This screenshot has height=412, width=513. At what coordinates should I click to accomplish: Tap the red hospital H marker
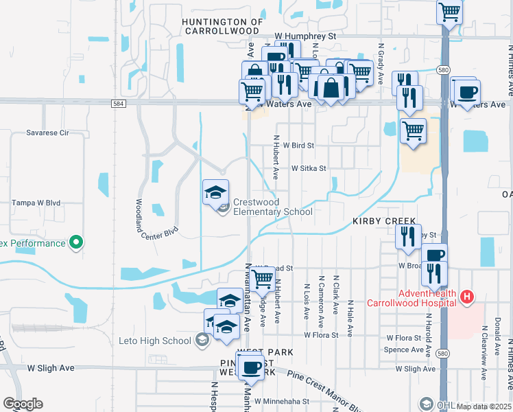click(467, 297)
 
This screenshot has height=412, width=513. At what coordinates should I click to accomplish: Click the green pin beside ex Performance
click(77, 243)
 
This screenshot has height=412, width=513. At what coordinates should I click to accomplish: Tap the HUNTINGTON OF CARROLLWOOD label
click(222, 26)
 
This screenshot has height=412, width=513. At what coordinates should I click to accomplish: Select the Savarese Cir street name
click(48, 133)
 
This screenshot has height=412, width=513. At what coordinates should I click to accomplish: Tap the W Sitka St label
click(308, 168)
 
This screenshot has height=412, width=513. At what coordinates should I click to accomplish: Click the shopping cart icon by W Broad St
click(263, 278)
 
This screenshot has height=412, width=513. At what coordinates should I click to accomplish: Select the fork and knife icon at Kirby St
click(408, 236)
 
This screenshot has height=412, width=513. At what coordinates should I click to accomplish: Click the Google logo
click(23, 404)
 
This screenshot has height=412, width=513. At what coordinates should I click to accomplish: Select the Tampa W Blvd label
click(37, 203)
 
